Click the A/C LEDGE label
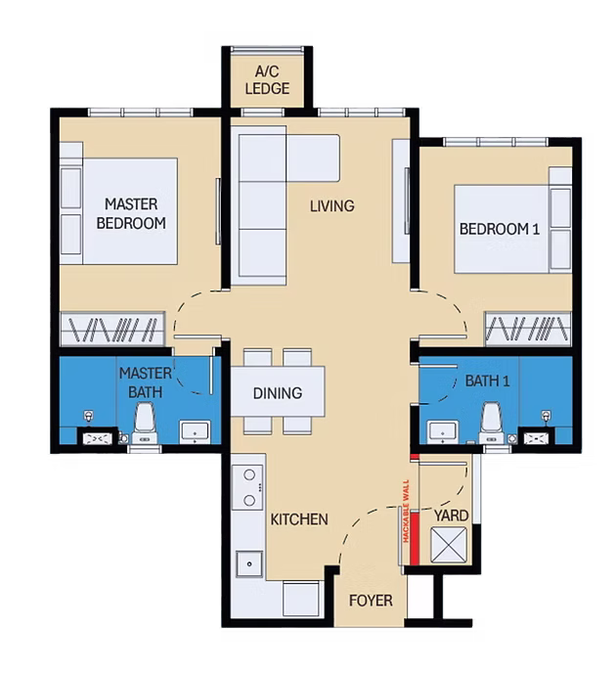[267, 80]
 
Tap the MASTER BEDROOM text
[131, 214]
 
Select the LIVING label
[332, 206]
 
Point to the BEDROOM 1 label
[500, 229]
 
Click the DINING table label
[278, 393]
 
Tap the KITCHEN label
[299, 519]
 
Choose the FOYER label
[371, 601]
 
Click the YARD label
[451, 516]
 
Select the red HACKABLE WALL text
[406, 512]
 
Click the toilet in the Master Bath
[145, 423]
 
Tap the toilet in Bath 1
[492, 423]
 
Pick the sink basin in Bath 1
[443, 432]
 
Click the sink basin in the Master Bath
[196, 432]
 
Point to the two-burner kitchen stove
[247, 487]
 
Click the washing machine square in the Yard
[449, 545]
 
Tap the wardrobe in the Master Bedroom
[112, 329]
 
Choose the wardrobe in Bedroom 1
[528, 329]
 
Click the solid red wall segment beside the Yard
[415, 538]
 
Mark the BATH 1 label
[487, 381]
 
